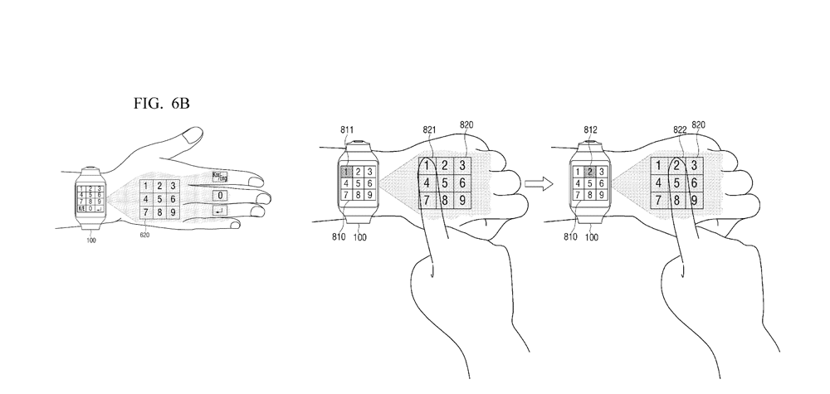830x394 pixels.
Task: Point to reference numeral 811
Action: click(347, 130)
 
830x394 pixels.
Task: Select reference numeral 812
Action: click(591, 130)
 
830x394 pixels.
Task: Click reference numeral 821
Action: click(429, 130)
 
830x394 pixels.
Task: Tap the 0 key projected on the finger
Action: click(220, 195)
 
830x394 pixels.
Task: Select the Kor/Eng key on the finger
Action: click(219, 176)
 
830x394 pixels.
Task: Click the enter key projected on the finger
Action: click(219, 212)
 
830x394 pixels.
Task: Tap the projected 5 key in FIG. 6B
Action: click(155, 199)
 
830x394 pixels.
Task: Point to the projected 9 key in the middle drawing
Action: click(462, 200)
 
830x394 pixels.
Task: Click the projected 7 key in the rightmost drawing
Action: click(658, 200)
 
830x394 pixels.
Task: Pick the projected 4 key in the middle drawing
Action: click(427, 182)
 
